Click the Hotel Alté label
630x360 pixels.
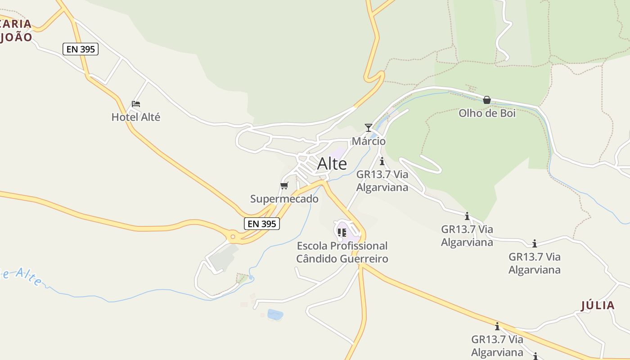[x=135, y=117]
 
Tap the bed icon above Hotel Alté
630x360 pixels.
[x=135, y=104]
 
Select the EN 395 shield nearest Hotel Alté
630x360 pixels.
[x=81, y=49]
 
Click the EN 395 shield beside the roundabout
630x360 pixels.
[x=261, y=223]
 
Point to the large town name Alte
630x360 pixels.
[x=332, y=164]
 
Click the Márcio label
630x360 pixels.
[x=369, y=141]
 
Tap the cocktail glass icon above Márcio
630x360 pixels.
[x=369, y=128]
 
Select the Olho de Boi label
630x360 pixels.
[x=487, y=113]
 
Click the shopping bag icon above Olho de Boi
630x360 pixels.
[x=486, y=100]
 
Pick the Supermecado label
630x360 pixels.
[x=284, y=198]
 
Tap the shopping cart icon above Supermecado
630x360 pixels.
[x=284, y=185]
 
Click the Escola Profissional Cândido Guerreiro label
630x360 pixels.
[x=342, y=252]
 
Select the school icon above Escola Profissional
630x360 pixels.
[x=342, y=232]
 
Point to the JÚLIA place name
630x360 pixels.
[x=598, y=306]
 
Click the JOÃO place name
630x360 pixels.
[x=16, y=37]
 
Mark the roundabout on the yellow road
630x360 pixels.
[x=233, y=236]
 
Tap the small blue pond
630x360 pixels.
[x=275, y=314]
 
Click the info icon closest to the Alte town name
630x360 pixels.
[x=382, y=161]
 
